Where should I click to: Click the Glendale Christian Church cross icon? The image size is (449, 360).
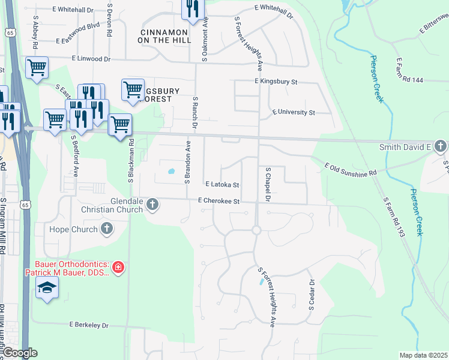(152, 205)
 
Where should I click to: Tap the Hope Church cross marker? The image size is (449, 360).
(107, 229)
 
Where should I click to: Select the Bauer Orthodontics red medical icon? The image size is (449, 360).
(118, 267)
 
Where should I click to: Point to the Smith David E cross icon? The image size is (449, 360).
(441, 146)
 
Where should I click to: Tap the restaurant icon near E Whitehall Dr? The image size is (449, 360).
(193, 8)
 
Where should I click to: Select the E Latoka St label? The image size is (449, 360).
(222, 185)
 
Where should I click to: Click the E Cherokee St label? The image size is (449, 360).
(219, 202)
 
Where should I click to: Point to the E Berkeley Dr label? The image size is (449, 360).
(89, 325)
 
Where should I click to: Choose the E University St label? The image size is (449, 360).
(294, 112)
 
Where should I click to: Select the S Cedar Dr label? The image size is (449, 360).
(312, 294)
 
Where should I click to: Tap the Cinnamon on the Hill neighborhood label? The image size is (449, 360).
(165, 35)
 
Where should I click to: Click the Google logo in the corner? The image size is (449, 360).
(19, 353)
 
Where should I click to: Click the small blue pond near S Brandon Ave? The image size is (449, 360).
(172, 171)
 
